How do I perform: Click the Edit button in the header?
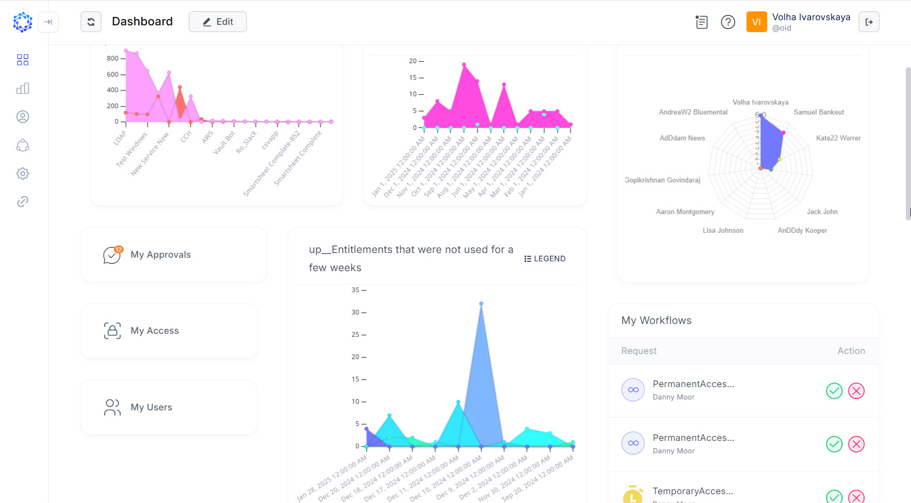pyautogui.click(x=217, y=22)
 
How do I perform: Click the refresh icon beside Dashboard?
pyautogui.click(x=91, y=22)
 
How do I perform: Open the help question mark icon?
pyautogui.click(x=728, y=22)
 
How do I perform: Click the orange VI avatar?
pyautogui.click(x=756, y=22)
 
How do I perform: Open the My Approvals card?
pyautogui.click(x=173, y=255)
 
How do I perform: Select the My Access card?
pyautogui.click(x=169, y=331)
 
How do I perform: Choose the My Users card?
pyautogui.click(x=169, y=407)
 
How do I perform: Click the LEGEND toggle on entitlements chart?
pyautogui.click(x=545, y=259)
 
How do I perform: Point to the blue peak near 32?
pyautogui.click(x=481, y=304)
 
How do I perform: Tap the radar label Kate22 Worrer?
pyautogui.click(x=838, y=138)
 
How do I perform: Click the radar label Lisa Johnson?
pyautogui.click(x=723, y=230)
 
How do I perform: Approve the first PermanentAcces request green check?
pyautogui.click(x=834, y=391)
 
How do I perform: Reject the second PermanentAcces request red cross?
pyautogui.click(x=856, y=444)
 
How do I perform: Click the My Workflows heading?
pyautogui.click(x=656, y=320)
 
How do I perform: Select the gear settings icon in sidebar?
pyautogui.click(x=23, y=173)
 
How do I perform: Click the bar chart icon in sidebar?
pyautogui.click(x=23, y=88)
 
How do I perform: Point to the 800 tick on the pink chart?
pyautogui.click(x=113, y=58)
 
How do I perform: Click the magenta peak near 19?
pyautogui.click(x=464, y=65)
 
